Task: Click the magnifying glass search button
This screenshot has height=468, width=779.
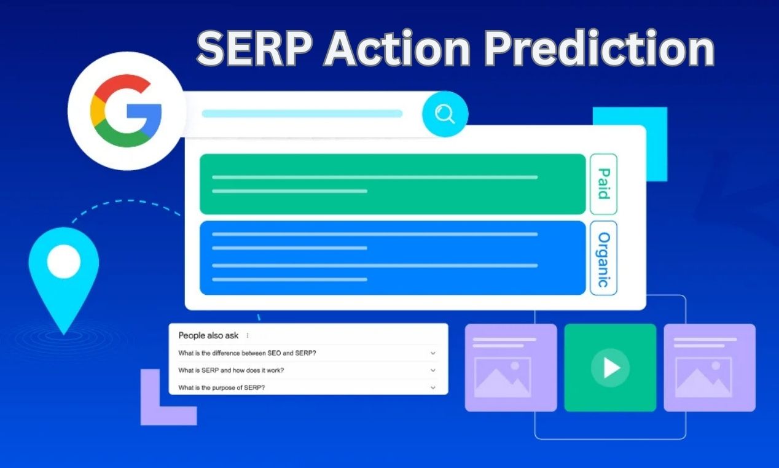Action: click(x=444, y=114)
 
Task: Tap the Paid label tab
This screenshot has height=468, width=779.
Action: click(x=603, y=184)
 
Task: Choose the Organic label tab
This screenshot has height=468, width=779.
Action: click(x=603, y=258)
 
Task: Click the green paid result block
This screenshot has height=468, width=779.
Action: click(x=393, y=184)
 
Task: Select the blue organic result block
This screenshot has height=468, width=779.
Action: click(x=393, y=258)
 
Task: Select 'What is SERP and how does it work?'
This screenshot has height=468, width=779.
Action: click(x=231, y=370)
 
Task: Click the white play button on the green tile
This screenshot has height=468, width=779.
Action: click(x=610, y=367)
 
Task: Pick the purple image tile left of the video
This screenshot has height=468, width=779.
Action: click(x=511, y=367)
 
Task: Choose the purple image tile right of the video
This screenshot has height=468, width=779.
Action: click(x=710, y=367)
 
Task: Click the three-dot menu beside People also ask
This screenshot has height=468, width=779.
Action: click(x=248, y=335)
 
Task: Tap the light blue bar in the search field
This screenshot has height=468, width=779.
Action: click(x=302, y=114)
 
